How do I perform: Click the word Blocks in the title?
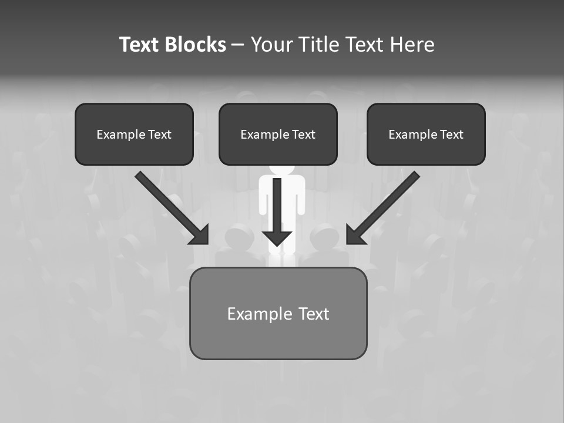195,45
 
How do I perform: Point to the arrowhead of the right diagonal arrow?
355,234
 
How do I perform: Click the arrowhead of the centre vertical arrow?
277,238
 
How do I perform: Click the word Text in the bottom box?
314,314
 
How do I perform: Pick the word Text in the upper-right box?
452,135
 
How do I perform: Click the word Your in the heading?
270,45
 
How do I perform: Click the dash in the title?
238,45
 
